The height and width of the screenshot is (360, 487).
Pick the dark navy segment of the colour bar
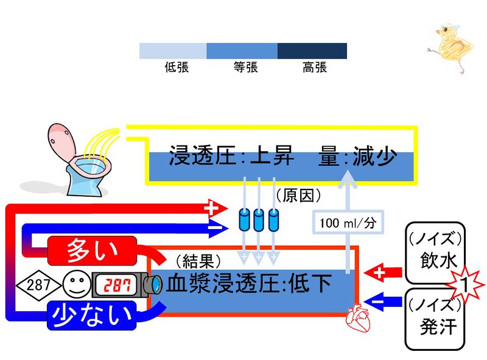click(312, 51)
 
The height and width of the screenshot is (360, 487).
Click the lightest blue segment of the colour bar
click(173, 51)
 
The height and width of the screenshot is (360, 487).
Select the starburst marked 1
click(463, 284)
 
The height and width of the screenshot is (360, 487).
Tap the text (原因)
click(298, 196)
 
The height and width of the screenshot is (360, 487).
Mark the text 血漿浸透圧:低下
click(250, 284)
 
